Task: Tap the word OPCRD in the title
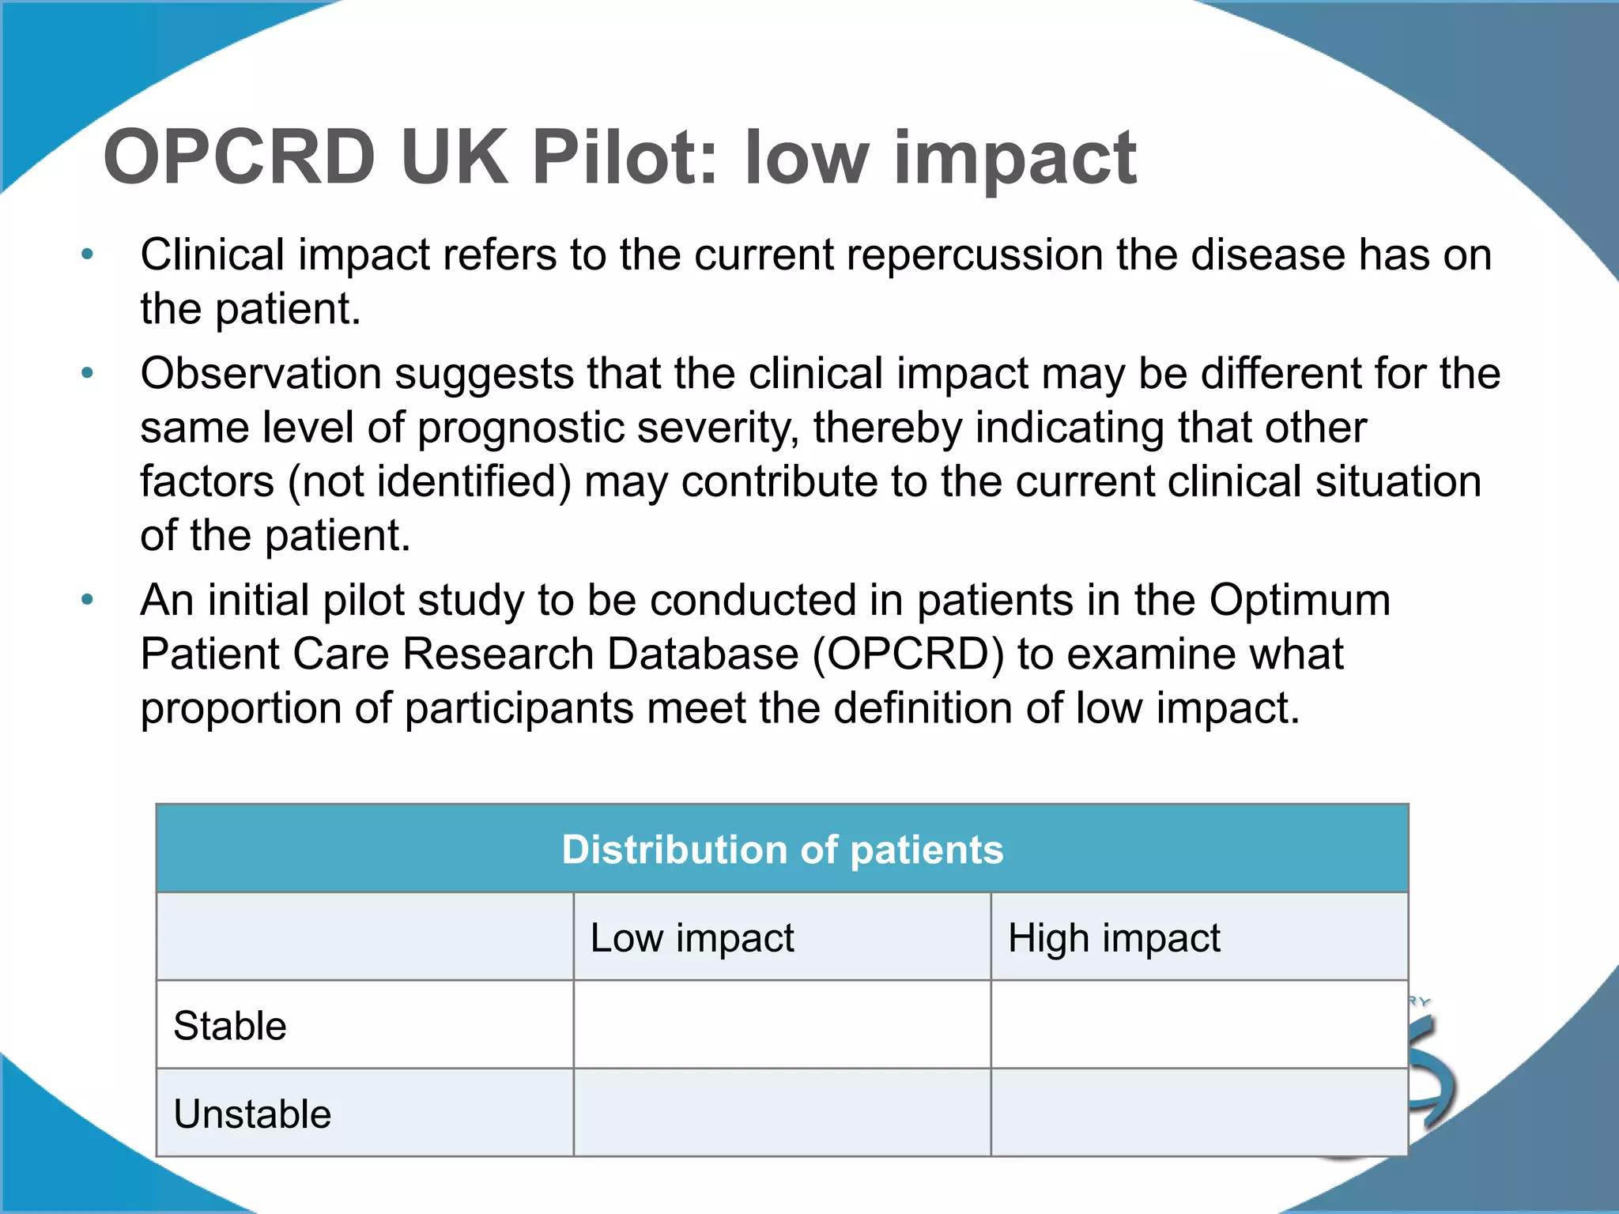[x=239, y=158]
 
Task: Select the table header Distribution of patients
[x=782, y=850]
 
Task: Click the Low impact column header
[x=692, y=938]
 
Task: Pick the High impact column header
[x=1114, y=938]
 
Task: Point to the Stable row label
[x=230, y=1026]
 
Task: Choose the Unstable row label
[x=252, y=1114]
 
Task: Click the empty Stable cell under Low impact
[x=782, y=1025]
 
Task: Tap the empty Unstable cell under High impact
[x=1198, y=1113]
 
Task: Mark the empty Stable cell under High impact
[x=1198, y=1025]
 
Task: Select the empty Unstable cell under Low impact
[x=782, y=1113]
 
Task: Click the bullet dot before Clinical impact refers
[x=88, y=254]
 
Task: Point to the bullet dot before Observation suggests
[x=88, y=372]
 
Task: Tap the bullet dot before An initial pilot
[x=88, y=600]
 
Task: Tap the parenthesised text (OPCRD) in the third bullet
[x=908, y=654]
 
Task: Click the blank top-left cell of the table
[x=364, y=937]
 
